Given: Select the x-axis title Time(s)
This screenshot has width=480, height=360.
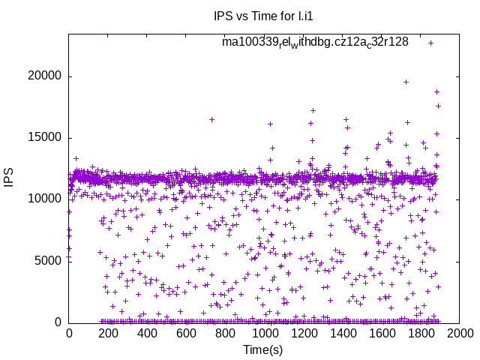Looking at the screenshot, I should pyautogui.click(x=262, y=349).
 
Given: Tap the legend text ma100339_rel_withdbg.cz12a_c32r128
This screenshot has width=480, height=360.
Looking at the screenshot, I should pyautogui.click(x=315, y=43).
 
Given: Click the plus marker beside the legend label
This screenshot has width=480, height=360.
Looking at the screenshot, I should pyautogui.click(x=431, y=43).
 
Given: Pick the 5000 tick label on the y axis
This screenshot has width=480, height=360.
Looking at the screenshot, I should pyautogui.click(x=48, y=261).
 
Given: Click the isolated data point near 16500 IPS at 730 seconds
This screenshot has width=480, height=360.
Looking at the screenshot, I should pyautogui.click(x=212, y=119).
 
